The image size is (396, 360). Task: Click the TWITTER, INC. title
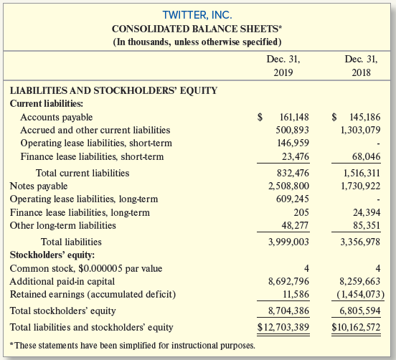point(197,15)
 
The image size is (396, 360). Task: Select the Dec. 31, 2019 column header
point(283,66)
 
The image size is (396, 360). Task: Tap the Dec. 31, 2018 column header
point(361,66)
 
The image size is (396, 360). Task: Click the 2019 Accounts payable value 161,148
point(294,117)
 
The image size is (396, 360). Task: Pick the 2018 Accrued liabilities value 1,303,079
point(360,130)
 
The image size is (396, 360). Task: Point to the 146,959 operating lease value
point(293,143)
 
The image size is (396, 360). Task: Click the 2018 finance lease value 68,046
point(366,156)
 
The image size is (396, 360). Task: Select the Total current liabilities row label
point(82,173)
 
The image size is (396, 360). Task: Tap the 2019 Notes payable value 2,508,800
point(288,186)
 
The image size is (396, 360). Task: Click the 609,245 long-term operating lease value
point(293,199)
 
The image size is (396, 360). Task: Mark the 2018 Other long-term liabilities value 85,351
point(367,225)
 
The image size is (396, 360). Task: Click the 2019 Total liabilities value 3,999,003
point(288,242)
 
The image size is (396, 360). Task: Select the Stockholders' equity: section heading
point(52,255)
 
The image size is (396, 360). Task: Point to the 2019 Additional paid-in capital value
point(288,281)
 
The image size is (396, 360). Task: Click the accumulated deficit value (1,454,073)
point(361,294)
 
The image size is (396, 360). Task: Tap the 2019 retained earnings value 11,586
point(296,294)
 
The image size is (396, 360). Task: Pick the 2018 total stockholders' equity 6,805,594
point(360,311)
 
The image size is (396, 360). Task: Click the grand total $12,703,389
point(283,327)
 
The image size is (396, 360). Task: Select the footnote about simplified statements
point(132,346)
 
